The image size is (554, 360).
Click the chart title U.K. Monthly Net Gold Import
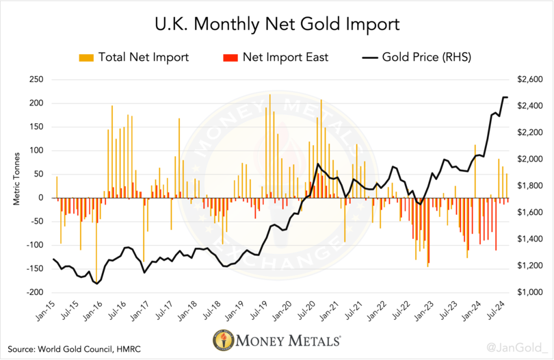coord(276,26)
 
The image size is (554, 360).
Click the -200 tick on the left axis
coord(34,292)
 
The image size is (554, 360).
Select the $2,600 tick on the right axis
coord(522,80)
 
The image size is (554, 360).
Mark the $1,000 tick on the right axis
coord(522,292)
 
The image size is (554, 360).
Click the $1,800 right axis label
coord(522,186)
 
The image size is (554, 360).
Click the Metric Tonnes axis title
coord(16,186)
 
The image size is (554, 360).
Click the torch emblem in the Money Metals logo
coord(222,339)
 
